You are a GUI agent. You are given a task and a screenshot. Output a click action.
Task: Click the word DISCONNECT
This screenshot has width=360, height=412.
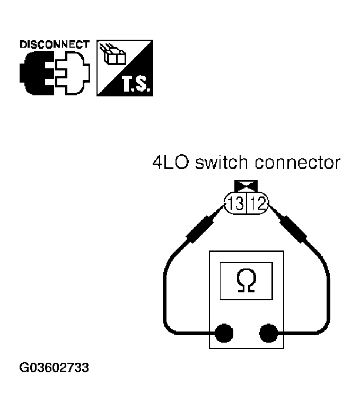(x=55, y=44)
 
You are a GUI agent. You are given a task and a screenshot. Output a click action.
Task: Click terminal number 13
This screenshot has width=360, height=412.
(x=237, y=203)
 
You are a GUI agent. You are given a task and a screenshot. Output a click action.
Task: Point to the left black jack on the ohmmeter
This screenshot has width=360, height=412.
(x=224, y=333)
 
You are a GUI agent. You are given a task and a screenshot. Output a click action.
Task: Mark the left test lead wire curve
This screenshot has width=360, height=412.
(x=165, y=297)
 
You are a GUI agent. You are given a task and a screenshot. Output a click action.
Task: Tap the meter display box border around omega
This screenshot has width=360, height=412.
(x=221, y=281)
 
